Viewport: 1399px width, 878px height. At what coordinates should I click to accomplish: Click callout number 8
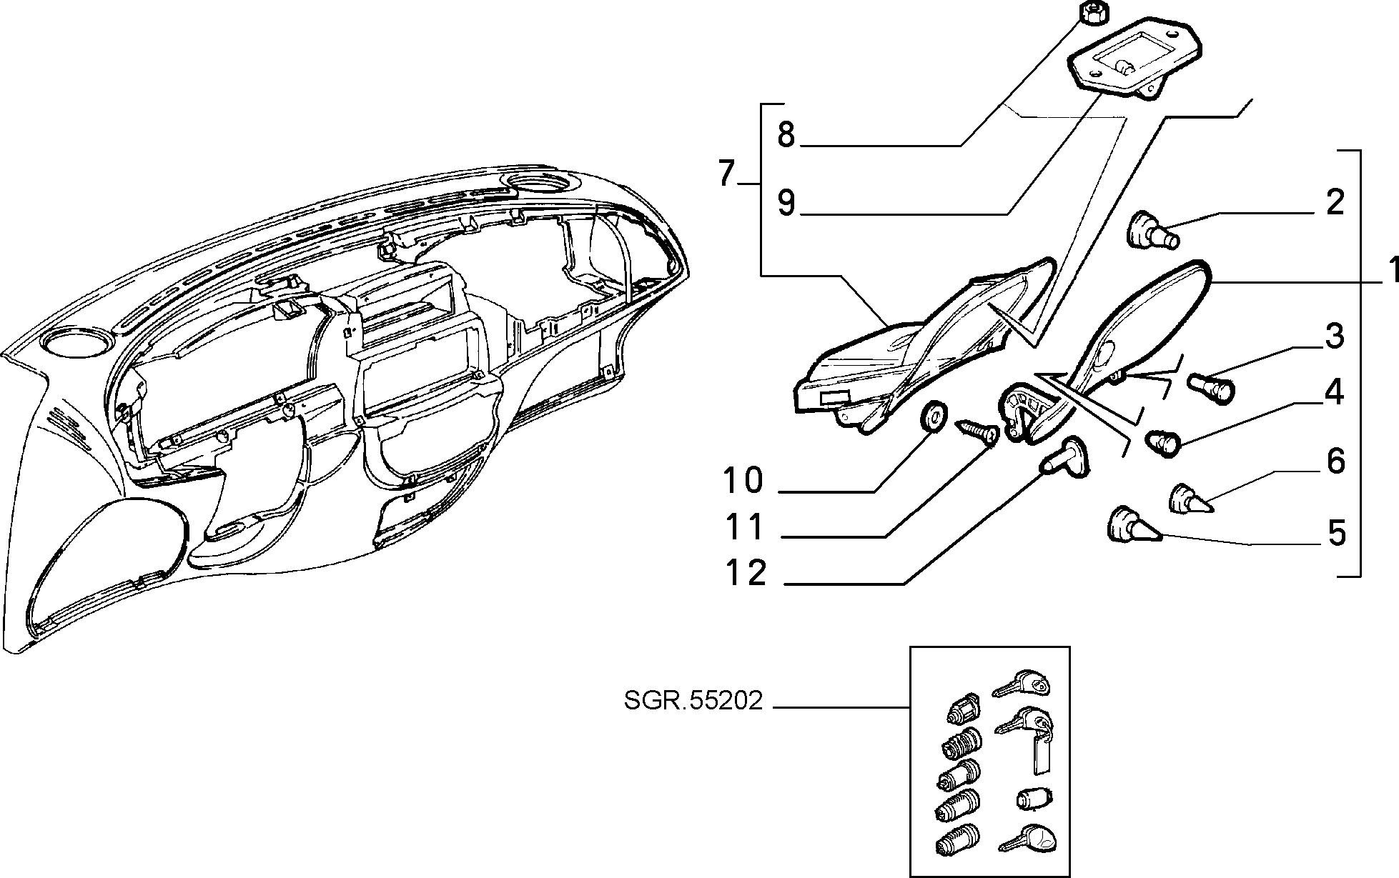tap(786, 134)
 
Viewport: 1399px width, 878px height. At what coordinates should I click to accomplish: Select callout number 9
tap(786, 203)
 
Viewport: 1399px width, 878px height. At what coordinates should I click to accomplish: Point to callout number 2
tap(1335, 202)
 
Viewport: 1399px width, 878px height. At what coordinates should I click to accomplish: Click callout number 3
tap(1334, 336)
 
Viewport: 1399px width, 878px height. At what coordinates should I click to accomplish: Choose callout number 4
tap(1334, 392)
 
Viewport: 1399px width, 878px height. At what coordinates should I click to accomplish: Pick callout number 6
tap(1335, 461)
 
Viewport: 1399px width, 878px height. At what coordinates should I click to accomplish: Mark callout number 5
tap(1335, 533)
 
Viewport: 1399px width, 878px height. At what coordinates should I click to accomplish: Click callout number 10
tap(743, 481)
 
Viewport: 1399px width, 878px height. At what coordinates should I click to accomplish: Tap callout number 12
tap(746, 573)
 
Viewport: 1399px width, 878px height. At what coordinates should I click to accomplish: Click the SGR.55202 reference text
tap(693, 701)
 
